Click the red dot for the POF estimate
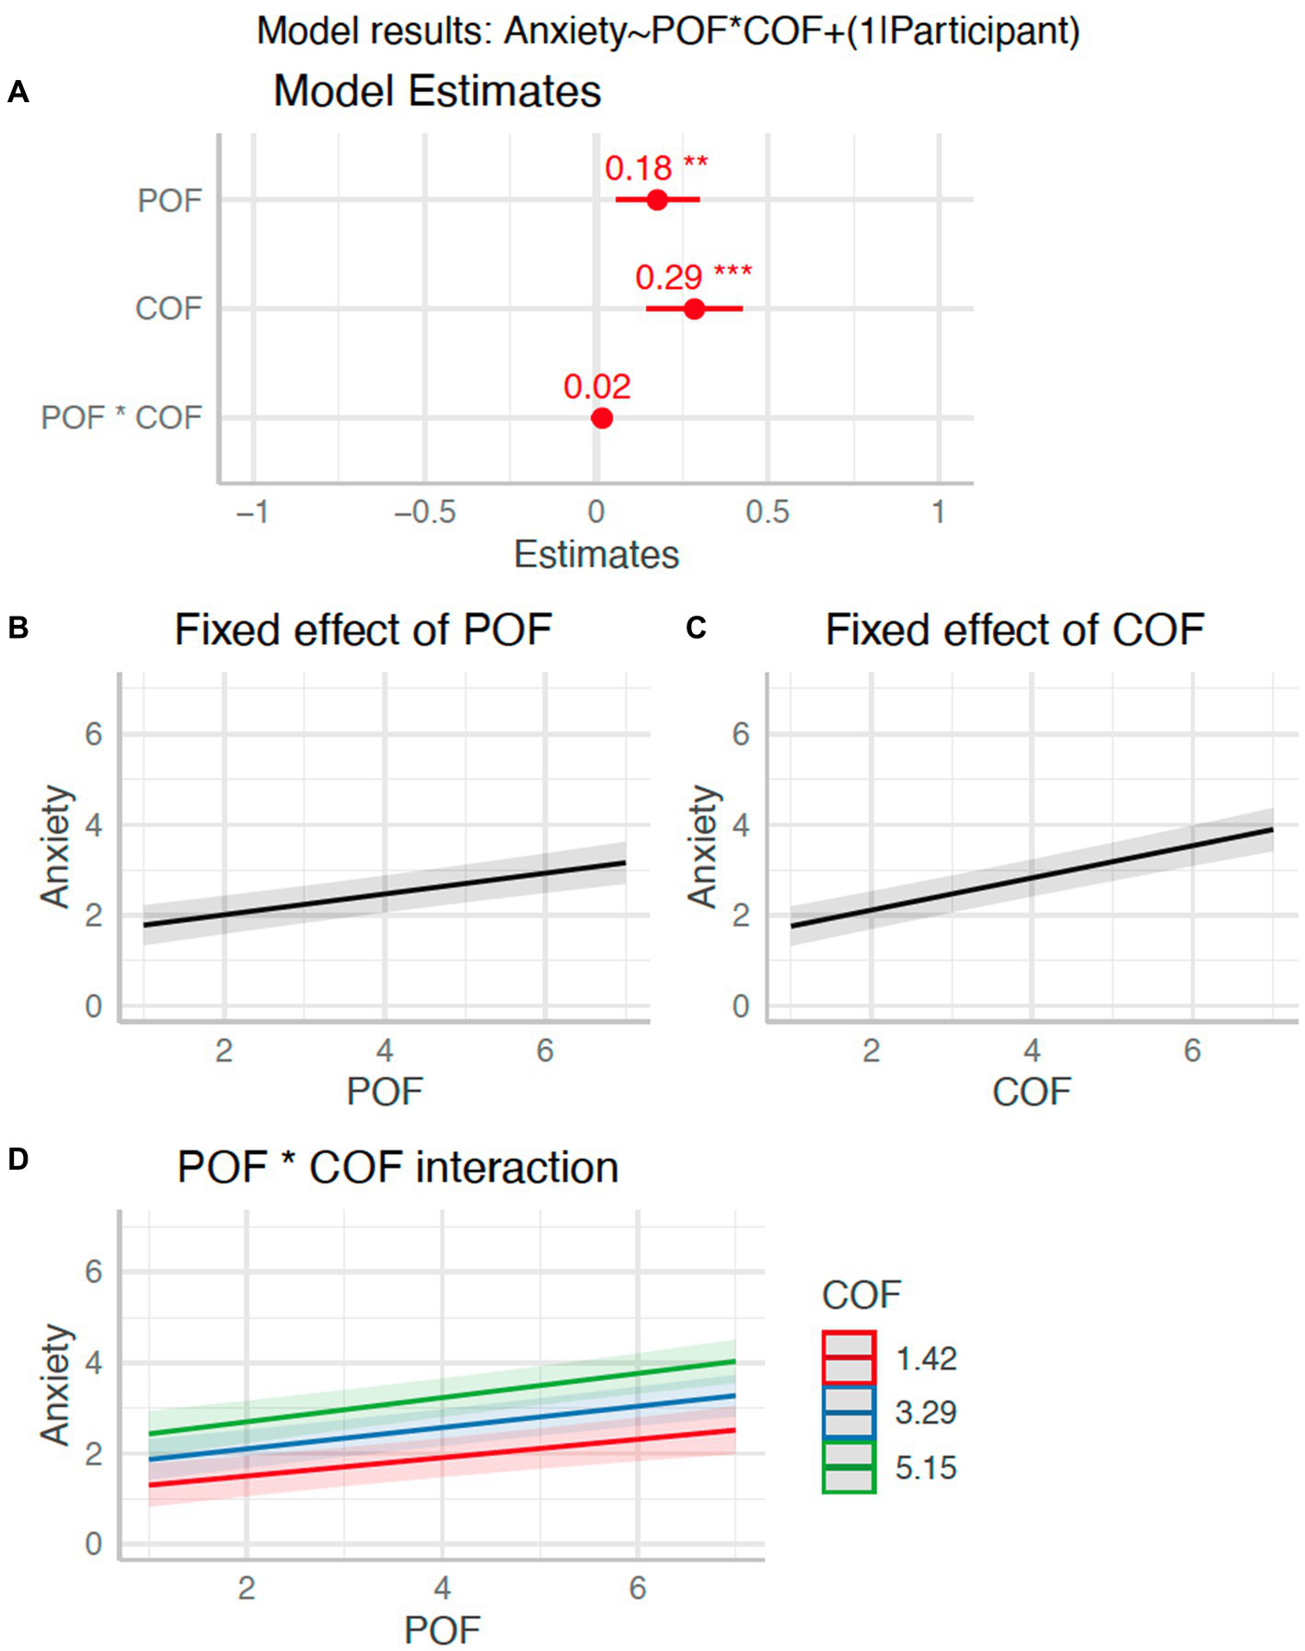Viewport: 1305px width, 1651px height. tap(656, 200)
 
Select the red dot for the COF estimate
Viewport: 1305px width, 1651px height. tap(695, 309)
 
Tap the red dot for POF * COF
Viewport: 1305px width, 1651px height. tap(601, 418)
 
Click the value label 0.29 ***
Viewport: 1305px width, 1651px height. tap(693, 276)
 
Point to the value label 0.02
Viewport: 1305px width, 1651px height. tap(597, 387)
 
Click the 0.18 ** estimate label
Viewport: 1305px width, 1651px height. tap(655, 167)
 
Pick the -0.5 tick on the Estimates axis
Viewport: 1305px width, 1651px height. tap(424, 512)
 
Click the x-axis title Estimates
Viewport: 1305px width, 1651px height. tap(596, 555)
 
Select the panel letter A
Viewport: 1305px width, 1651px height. tap(17, 92)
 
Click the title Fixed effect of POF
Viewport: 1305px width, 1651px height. tap(363, 630)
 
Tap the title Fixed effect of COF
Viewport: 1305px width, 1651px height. tap(1014, 630)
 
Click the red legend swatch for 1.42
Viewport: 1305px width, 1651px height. tap(848, 1357)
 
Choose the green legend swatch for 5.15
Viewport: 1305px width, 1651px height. tap(848, 1467)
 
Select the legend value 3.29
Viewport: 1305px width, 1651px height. tap(926, 1412)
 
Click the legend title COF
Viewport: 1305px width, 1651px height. tap(860, 1295)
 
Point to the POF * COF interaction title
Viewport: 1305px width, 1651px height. tap(398, 1168)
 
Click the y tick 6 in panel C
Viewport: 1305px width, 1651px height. tap(741, 734)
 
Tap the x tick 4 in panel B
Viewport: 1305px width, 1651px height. tap(385, 1050)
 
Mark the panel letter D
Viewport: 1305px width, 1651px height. tap(17, 1160)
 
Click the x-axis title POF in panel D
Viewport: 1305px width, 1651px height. tap(442, 1630)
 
